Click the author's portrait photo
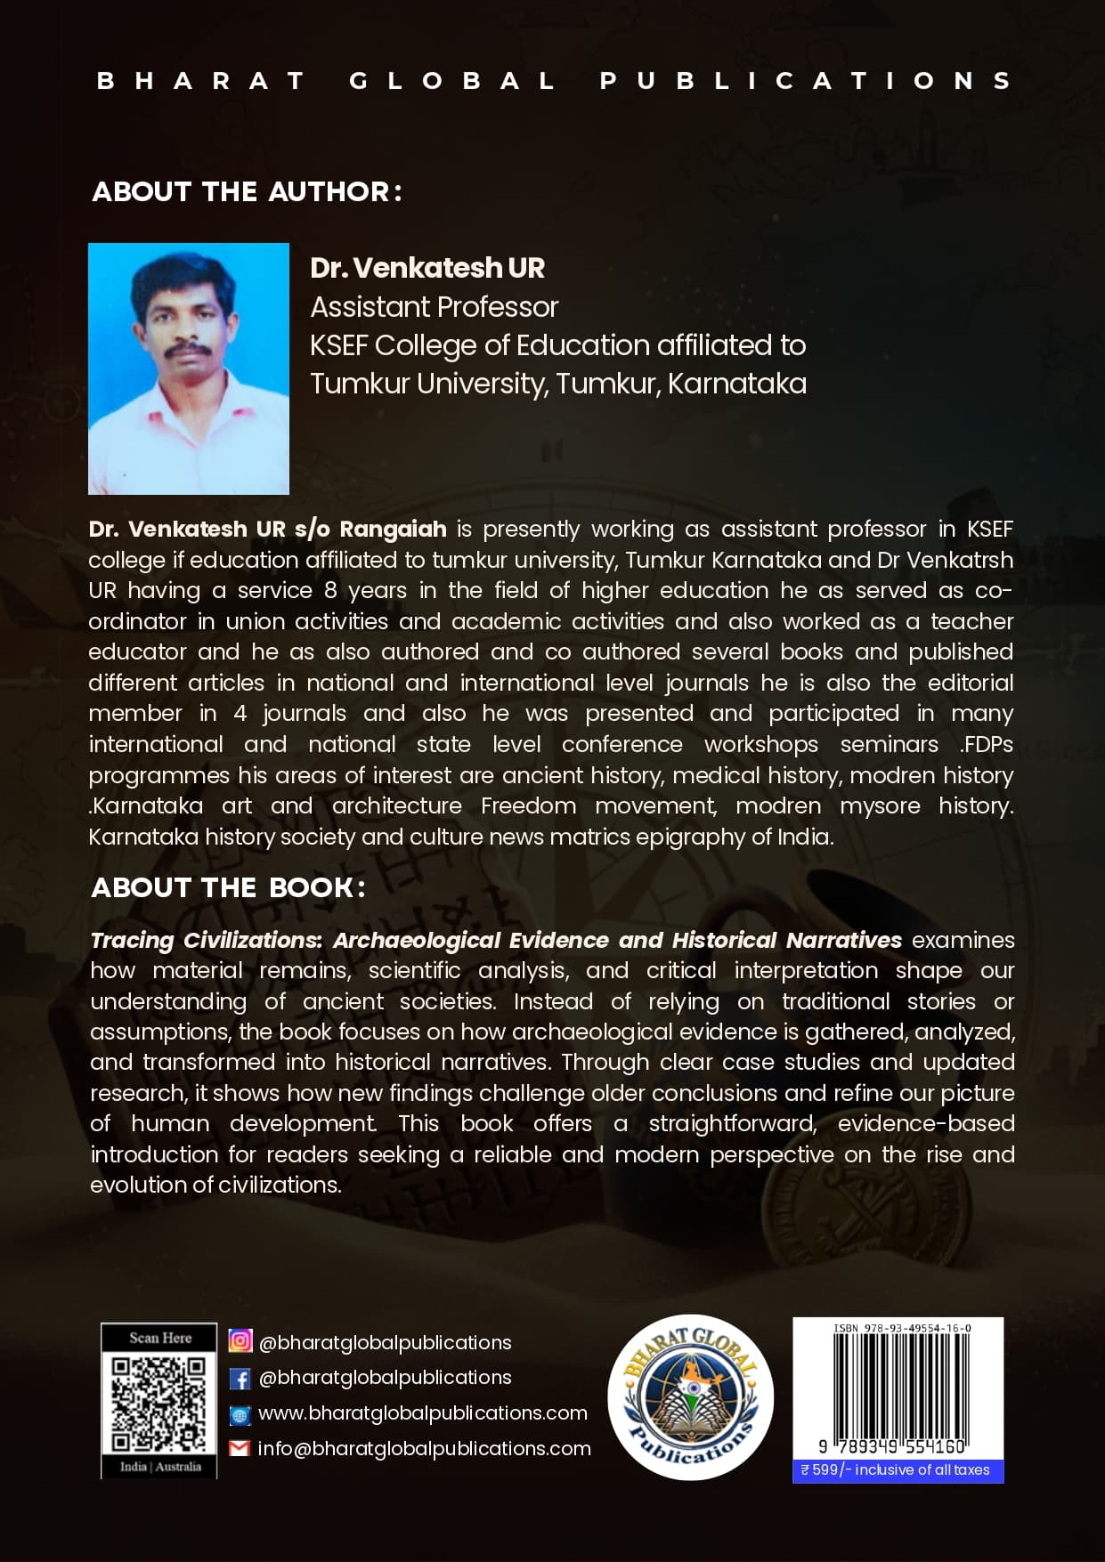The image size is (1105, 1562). [x=189, y=368]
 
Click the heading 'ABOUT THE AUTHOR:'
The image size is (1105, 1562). [x=247, y=191]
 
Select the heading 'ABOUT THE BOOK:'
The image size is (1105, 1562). [x=228, y=887]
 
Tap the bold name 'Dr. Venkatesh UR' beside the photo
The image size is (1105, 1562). [x=427, y=268]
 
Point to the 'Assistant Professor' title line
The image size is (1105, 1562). [x=434, y=307]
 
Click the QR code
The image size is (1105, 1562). [x=159, y=1404]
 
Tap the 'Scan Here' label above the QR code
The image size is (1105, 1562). [x=160, y=1338]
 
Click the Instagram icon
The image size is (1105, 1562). [x=240, y=1340]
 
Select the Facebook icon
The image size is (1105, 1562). [x=240, y=1379]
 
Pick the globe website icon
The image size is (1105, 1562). [x=240, y=1414]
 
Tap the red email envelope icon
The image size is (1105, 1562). [x=240, y=1449]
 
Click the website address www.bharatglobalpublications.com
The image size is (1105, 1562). [x=422, y=1413]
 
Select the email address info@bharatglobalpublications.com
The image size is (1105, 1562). [x=424, y=1449]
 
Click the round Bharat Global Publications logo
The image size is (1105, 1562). [x=690, y=1396]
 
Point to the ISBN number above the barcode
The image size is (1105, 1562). [x=902, y=1328]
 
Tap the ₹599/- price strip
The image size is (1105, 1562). [x=898, y=1470]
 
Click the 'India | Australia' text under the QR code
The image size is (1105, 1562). [x=160, y=1467]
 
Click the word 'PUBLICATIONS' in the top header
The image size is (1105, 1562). [x=806, y=81]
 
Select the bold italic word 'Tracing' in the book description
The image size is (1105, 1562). [x=132, y=941]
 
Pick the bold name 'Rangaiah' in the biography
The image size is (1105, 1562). [x=393, y=530]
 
